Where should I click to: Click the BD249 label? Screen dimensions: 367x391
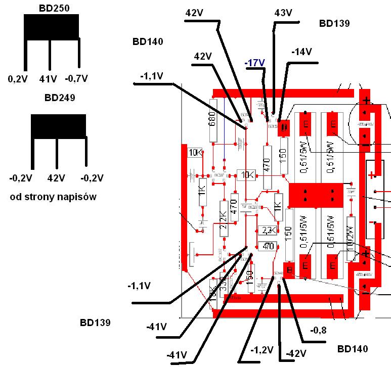pos(60,98)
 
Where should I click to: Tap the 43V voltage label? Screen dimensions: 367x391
pos(283,13)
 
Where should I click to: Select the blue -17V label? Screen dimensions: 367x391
pos(254,63)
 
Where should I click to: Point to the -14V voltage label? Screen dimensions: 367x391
pos(301,52)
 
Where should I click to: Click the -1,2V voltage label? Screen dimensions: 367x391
pos(262,350)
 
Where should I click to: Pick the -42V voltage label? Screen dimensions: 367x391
pos(296,353)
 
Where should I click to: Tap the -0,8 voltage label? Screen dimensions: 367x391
pos(319,331)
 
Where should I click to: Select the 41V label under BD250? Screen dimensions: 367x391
pos(48,78)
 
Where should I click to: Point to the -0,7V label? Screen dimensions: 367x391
pos(76,78)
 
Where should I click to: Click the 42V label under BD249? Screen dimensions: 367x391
pos(56,178)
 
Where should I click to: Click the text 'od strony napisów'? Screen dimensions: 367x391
pos(53,197)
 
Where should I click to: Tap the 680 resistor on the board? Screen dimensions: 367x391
pos(213,121)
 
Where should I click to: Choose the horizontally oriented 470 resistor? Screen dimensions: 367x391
pos(269,247)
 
